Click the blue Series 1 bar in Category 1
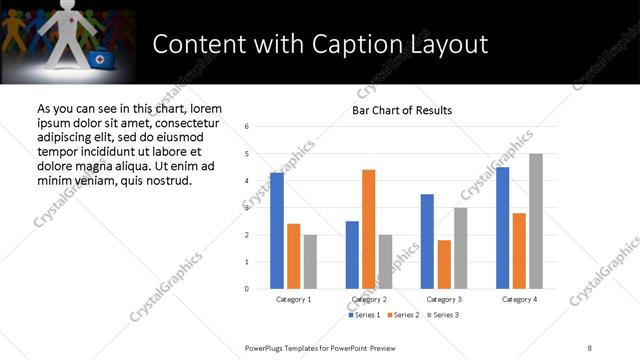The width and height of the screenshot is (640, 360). pyautogui.click(x=276, y=231)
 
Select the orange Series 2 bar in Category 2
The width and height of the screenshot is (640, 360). pyautogui.click(x=368, y=229)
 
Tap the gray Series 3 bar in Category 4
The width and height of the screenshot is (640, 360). pyautogui.click(x=535, y=221)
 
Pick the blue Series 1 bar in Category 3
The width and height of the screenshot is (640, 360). pyautogui.click(x=427, y=241)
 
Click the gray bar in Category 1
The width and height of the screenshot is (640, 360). pyautogui.click(x=310, y=262)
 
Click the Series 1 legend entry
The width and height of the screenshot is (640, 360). pyautogui.click(x=364, y=315)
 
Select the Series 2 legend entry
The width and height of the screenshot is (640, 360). pyautogui.click(x=402, y=315)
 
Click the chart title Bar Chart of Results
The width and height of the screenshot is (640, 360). pyautogui.click(x=402, y=110)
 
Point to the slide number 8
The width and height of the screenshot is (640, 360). pyautogui.click(x=590, y=347)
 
